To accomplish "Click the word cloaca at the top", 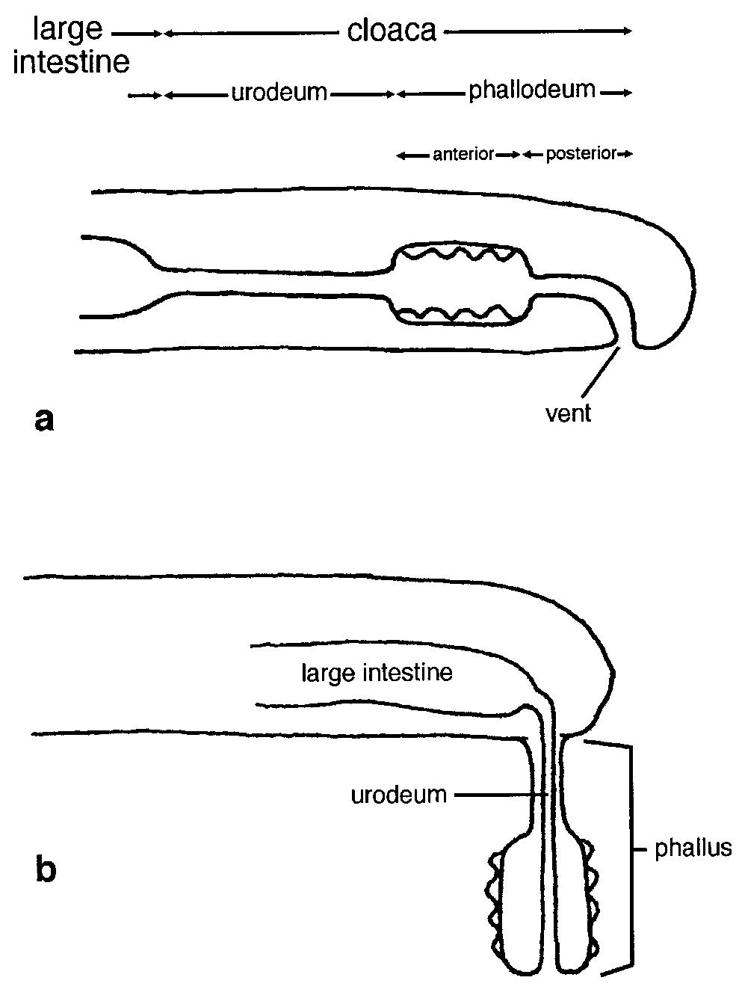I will point(392,31).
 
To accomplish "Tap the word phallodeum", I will point(532,91).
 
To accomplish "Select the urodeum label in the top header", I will point(279,93).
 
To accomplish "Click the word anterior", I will point(463,155).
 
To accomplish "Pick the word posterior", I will point(581,155).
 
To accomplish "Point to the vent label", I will point(568,413).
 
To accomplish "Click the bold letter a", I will point(44,419).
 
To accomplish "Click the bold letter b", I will point(46,869).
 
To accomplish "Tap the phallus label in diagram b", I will point(692,849).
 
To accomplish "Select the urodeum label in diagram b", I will point(398,794).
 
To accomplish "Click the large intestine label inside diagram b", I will point(377,673).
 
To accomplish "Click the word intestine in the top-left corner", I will point(72,62).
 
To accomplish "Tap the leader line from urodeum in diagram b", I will point(501,794).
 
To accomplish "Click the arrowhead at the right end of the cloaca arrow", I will point(628,31).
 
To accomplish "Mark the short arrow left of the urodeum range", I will point(144,95).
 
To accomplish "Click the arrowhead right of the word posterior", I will point(626,155).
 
